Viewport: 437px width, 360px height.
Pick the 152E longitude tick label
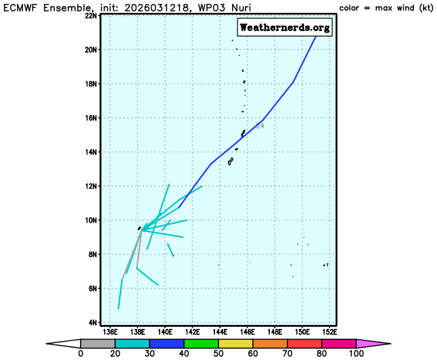point(330,332)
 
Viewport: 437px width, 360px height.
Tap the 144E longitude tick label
point(221,332)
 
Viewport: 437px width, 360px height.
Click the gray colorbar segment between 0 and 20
point(93,343)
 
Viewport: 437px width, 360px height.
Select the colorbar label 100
point(356,353)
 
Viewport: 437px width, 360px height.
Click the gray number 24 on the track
point(260,126)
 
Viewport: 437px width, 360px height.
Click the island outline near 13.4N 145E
point(231,161)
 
